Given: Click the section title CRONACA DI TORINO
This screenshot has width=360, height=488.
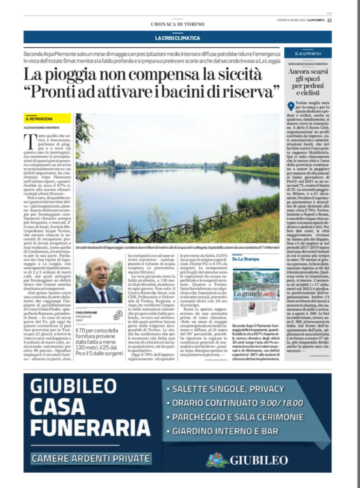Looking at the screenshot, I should tap(177, 24).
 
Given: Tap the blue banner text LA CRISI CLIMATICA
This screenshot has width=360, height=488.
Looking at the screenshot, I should tap(177, 38).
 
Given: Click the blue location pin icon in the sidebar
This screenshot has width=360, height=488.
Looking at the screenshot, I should tap(290, 106).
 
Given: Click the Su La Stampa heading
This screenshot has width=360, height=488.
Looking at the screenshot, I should tap(243, 259).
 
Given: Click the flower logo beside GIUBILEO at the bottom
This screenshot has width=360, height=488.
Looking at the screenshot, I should tap(217, 460).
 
